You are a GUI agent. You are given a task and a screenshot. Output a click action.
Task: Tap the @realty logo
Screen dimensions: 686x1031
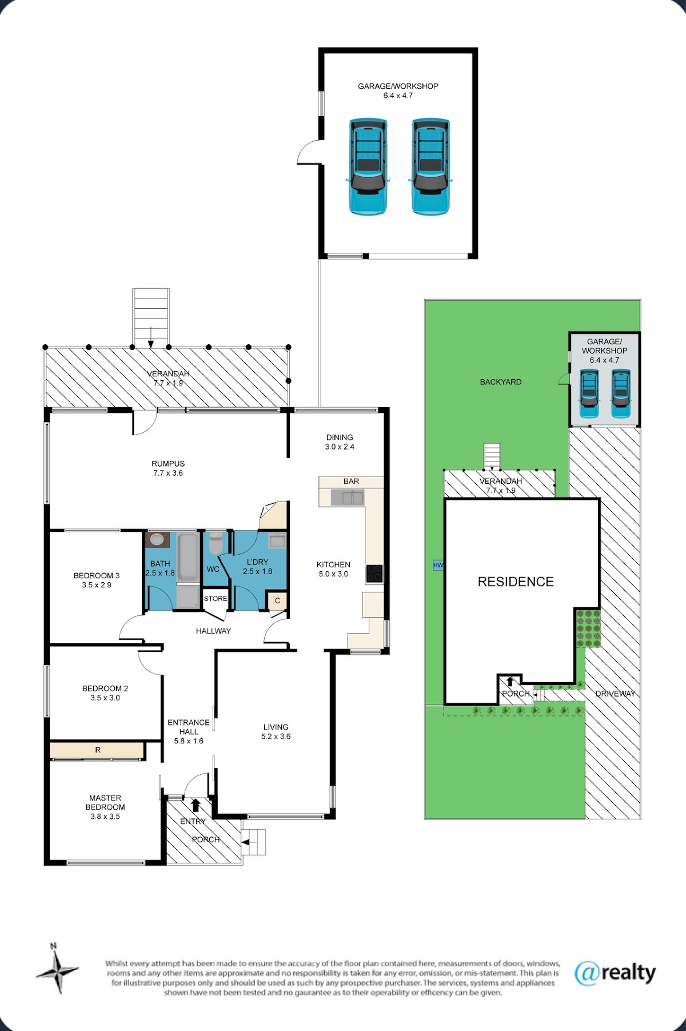615,973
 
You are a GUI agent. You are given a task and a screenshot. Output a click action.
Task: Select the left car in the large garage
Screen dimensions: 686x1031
368,166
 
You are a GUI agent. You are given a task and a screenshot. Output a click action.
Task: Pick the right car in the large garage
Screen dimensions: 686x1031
430,166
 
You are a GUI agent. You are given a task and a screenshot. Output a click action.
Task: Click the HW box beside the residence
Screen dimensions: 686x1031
438,565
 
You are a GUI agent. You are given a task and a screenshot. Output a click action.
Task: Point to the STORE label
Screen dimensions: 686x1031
216,599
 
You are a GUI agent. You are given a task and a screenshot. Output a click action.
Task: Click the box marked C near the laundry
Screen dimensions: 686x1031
277,600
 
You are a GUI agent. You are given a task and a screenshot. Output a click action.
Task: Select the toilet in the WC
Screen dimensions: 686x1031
215,543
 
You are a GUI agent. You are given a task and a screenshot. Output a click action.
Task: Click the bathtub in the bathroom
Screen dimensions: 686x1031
188,558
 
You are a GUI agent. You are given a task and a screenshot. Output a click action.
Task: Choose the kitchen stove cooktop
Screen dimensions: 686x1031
374,574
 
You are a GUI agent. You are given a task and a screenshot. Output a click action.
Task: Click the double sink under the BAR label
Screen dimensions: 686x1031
348,498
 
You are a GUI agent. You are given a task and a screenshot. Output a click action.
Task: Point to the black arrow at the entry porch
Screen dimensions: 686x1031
196,805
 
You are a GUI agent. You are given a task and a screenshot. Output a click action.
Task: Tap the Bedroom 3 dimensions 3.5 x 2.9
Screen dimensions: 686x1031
97,585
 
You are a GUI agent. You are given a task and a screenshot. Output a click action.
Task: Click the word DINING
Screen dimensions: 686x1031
340,437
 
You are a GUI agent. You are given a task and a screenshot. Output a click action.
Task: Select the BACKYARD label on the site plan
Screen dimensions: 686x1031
501,382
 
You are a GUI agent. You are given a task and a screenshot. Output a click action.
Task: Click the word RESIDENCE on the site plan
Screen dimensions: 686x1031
516,582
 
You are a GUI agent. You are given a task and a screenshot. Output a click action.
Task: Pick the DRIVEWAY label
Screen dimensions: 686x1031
616,694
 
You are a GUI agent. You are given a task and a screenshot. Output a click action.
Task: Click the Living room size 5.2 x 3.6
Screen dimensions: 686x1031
276,737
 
